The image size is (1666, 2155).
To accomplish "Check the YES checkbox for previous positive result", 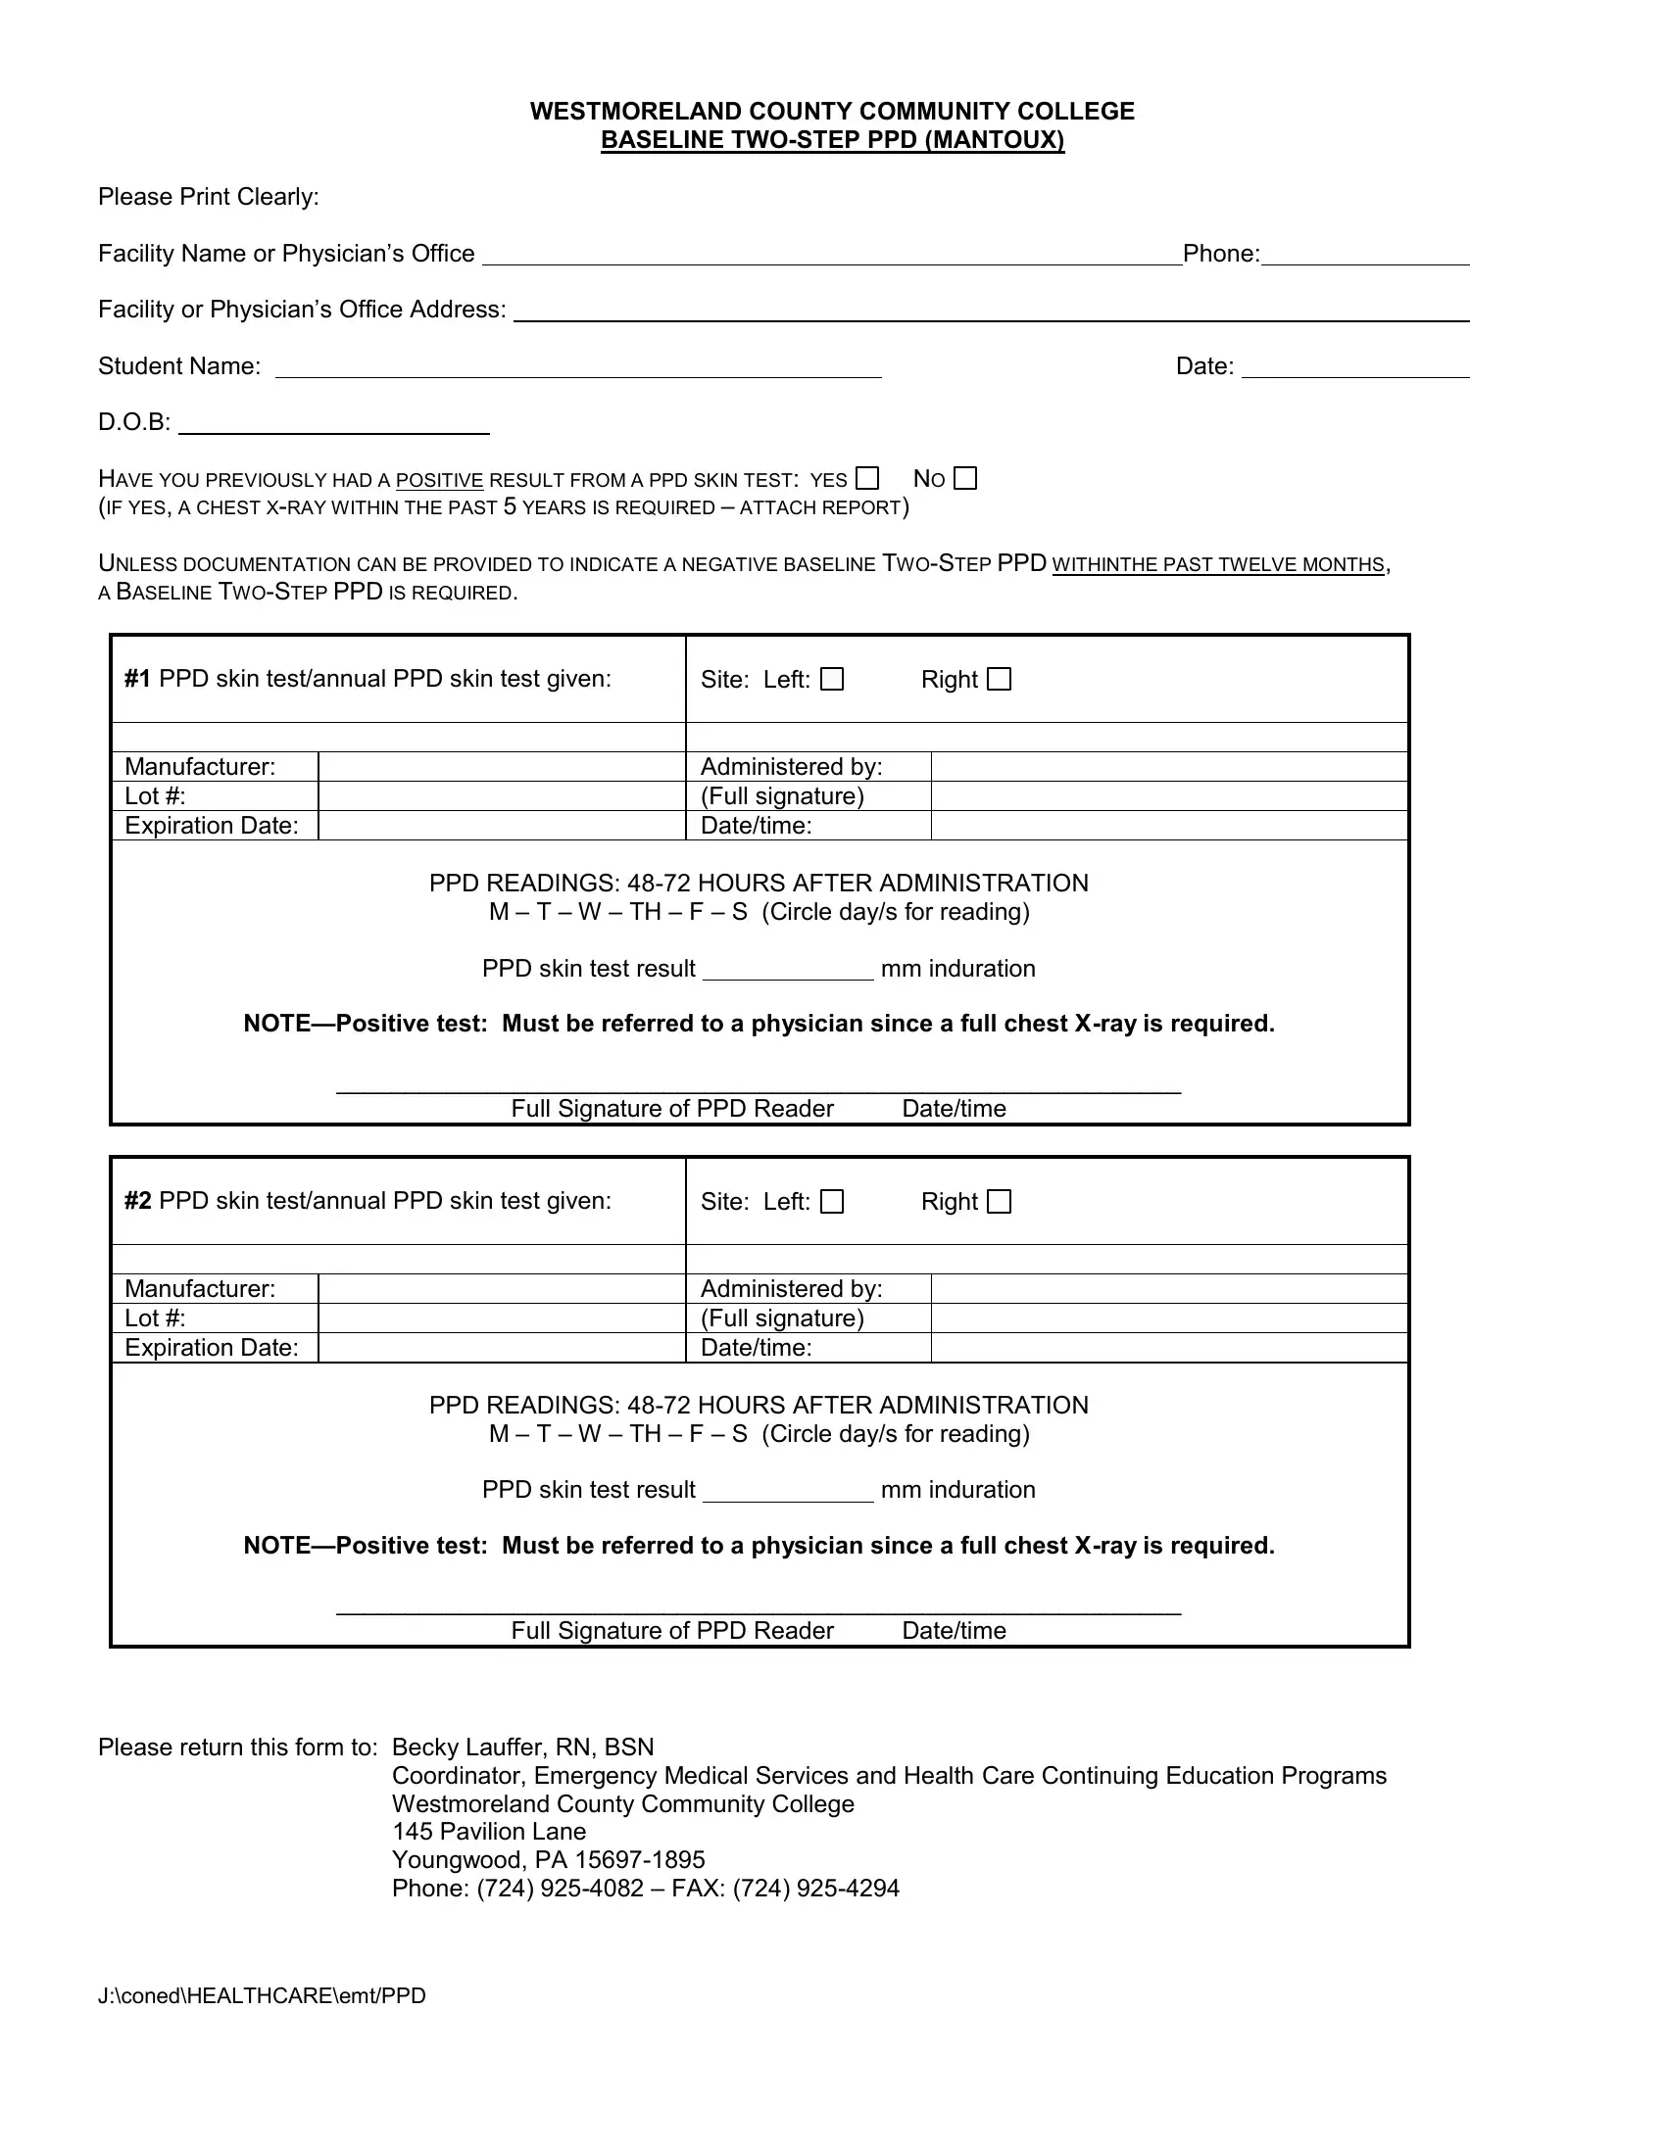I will pos(866,479).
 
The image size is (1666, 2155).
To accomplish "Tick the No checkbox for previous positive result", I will pos(965,479).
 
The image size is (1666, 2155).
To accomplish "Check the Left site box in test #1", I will pos(832,679).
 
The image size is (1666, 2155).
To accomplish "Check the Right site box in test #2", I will pos(999,1201).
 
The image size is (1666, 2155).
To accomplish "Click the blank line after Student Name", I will pos(577,366).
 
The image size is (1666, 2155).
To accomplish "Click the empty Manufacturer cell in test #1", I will pos(502,767).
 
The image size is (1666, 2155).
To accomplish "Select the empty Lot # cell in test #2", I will pos(502,1318).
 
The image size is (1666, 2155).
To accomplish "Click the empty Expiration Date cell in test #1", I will pos(502,826).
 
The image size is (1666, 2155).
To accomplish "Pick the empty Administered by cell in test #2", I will pos(1168,1289).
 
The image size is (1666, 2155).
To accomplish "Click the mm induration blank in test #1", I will pos(788,968).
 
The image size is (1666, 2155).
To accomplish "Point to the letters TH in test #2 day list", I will pos(645,1434).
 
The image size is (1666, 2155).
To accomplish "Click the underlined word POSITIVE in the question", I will pos(439,481).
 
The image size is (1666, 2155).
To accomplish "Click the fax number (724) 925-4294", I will pos(815,1889).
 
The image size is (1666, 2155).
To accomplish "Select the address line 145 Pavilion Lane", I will pos(489,1833).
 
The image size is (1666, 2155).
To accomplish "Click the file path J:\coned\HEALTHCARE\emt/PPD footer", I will pos(262,1996).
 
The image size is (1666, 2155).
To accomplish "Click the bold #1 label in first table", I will pos(137,679).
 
